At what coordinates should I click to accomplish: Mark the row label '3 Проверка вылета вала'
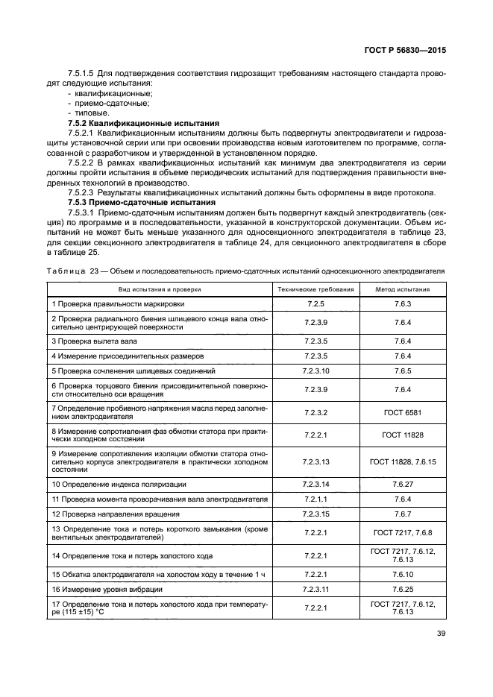[94, 341]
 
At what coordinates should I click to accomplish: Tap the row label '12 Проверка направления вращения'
[114, 514]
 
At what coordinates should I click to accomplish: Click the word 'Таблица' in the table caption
[66, 271]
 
